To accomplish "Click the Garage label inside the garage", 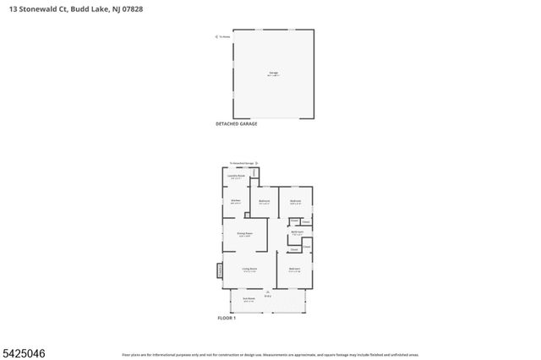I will pyautogui.click(x=273, y=74).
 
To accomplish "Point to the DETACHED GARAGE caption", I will pyautogui.click(x=237, y=123).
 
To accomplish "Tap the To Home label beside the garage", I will pyautogui.click(x=224, y=36).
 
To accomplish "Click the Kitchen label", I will pyautogui.click(x=236, y=201).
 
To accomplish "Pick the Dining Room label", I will pyautogui.click(x=245, y=234).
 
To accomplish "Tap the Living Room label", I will pyautogui.click(x=249, y=270).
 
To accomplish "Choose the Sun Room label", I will pyautogui.click(x=249, y=299).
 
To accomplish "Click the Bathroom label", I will pyautogui.click(x=297, y=232).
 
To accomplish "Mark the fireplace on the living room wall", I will pyautogui.click(x=220, y=270).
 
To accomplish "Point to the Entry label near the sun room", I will pyautogui.click(x=267, y=296).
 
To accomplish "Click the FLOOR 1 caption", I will pyautogui.click(x=227, y=319).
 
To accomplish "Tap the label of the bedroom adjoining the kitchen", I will pyautogui.click(x=265, y=201).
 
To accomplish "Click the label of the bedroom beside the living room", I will pyautogui.click(x=295, y=270).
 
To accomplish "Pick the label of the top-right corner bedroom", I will pyautogui.click(x=295, y=201).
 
